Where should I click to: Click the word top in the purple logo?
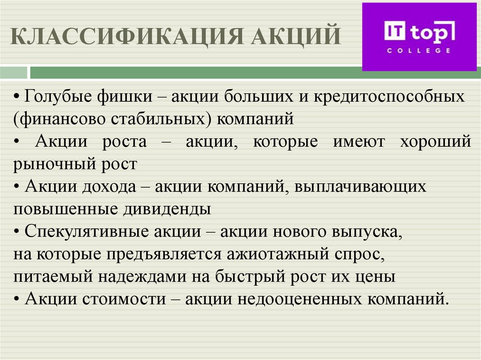(x=433, y=32)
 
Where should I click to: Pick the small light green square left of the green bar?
(x=14, y=73)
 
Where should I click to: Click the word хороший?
(x=435, y=141)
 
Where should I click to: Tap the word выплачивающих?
(x=361, y=186)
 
